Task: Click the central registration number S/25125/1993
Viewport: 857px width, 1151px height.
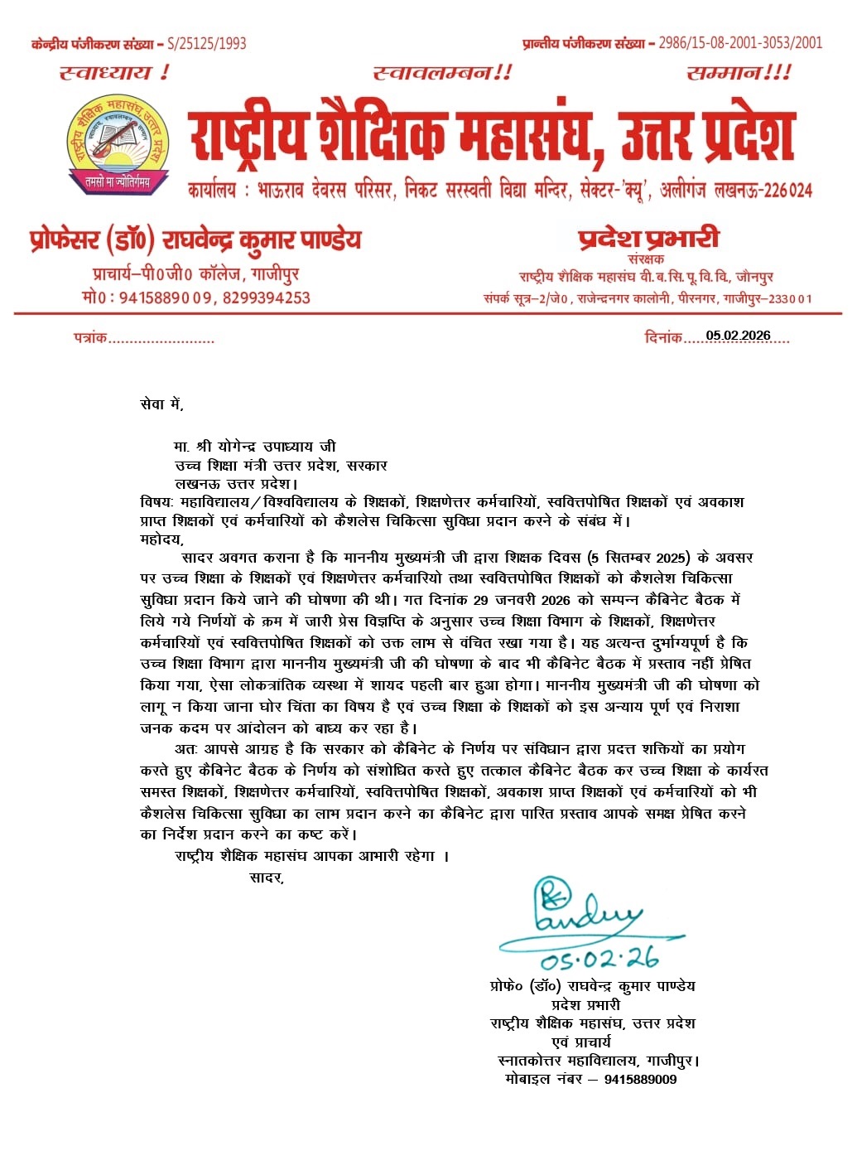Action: coord(206,44)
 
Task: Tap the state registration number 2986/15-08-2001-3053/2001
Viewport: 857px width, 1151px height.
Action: coord(740,43)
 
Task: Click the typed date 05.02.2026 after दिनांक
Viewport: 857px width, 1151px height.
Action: coord(738,336)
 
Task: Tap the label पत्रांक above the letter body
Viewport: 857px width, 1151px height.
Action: coord(90,337)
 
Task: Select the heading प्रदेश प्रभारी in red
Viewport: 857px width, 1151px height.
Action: coord(648,239)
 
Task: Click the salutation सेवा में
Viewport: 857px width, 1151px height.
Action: coord(161,404)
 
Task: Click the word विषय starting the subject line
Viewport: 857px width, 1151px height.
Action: coord(156,502)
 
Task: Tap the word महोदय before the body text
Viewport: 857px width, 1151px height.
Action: coord(161,539)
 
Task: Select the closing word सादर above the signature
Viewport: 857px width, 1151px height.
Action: coord(267,878)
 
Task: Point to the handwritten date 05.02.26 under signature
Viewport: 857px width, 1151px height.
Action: coord(599,959)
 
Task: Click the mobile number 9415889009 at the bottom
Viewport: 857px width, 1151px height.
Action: coord(640,1079)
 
